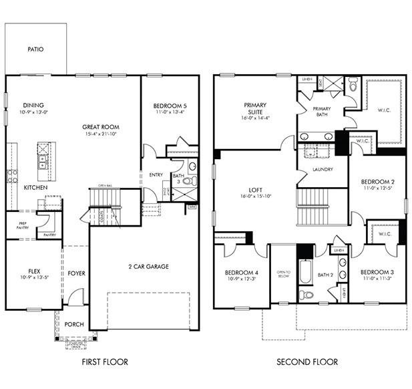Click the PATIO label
tap(35, 49)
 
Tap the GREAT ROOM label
tap(100, 126)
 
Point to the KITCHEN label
tap(35, 188)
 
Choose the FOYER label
tap(76, 273)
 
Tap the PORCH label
tap(74, 324)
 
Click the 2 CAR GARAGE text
tap(148, 266)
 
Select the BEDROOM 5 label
tap(170, 106)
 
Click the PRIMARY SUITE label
tap(254, 108)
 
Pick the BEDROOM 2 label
tap(378, 182)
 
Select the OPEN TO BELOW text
tap(283, 273)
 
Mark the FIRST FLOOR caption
tap(105, 362)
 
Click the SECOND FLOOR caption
tap(308, 362)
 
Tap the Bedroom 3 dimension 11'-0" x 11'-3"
tap(378, 280)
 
